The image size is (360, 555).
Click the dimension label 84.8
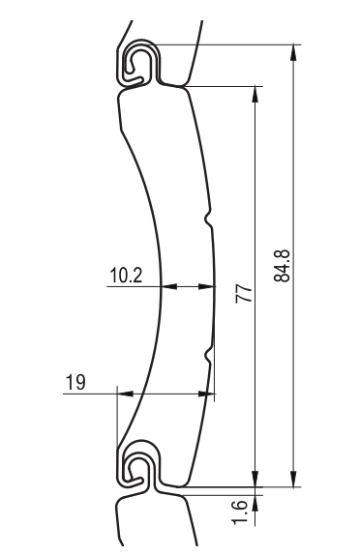click(282, 266)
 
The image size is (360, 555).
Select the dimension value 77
click(245, 293)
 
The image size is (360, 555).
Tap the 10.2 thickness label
click(126, 275)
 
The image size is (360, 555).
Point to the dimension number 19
click(75, 382)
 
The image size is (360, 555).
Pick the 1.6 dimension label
click(240, 511)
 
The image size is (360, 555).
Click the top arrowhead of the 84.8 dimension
click(294, 53)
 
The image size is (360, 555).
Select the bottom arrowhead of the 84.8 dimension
click(294, 479)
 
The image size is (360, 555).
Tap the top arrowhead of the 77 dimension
click(255, 94)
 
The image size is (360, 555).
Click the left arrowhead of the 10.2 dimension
click(169, 286)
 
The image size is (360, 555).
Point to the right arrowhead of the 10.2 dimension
click(206, 286)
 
